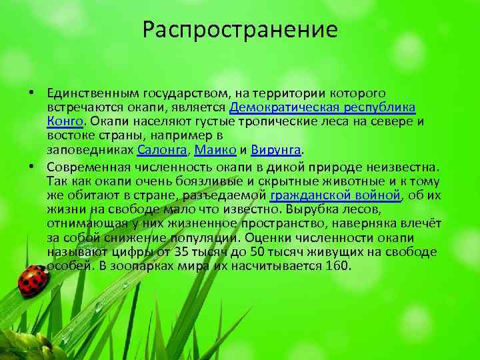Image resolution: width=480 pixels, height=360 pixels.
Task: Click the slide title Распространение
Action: pyautogui.click(x=240, y=30)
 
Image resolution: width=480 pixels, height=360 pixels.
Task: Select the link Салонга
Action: pyautogui.click(x=157, y=150)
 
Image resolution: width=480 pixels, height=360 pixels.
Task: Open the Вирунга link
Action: pyautogui.click(x=278, y=150)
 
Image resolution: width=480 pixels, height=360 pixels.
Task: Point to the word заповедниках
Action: pyautogui.click(x=91, y=150)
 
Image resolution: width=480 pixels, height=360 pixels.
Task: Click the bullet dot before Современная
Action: pyautogui.click(x=41, y=165)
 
